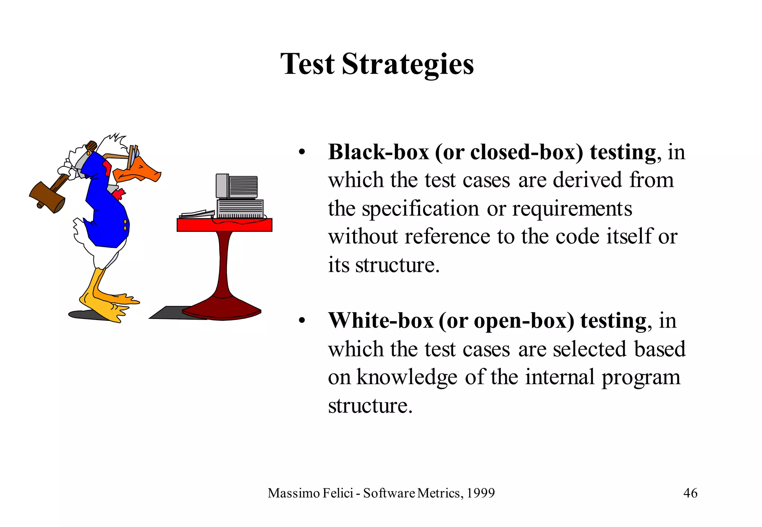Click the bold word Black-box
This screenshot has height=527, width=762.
(378, 152)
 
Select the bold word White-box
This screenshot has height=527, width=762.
(381, 320)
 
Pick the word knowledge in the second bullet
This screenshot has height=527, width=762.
(407, 377)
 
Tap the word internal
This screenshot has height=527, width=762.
(559, 377)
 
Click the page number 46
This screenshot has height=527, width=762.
(690, 493)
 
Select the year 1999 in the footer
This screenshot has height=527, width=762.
(481, 493)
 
